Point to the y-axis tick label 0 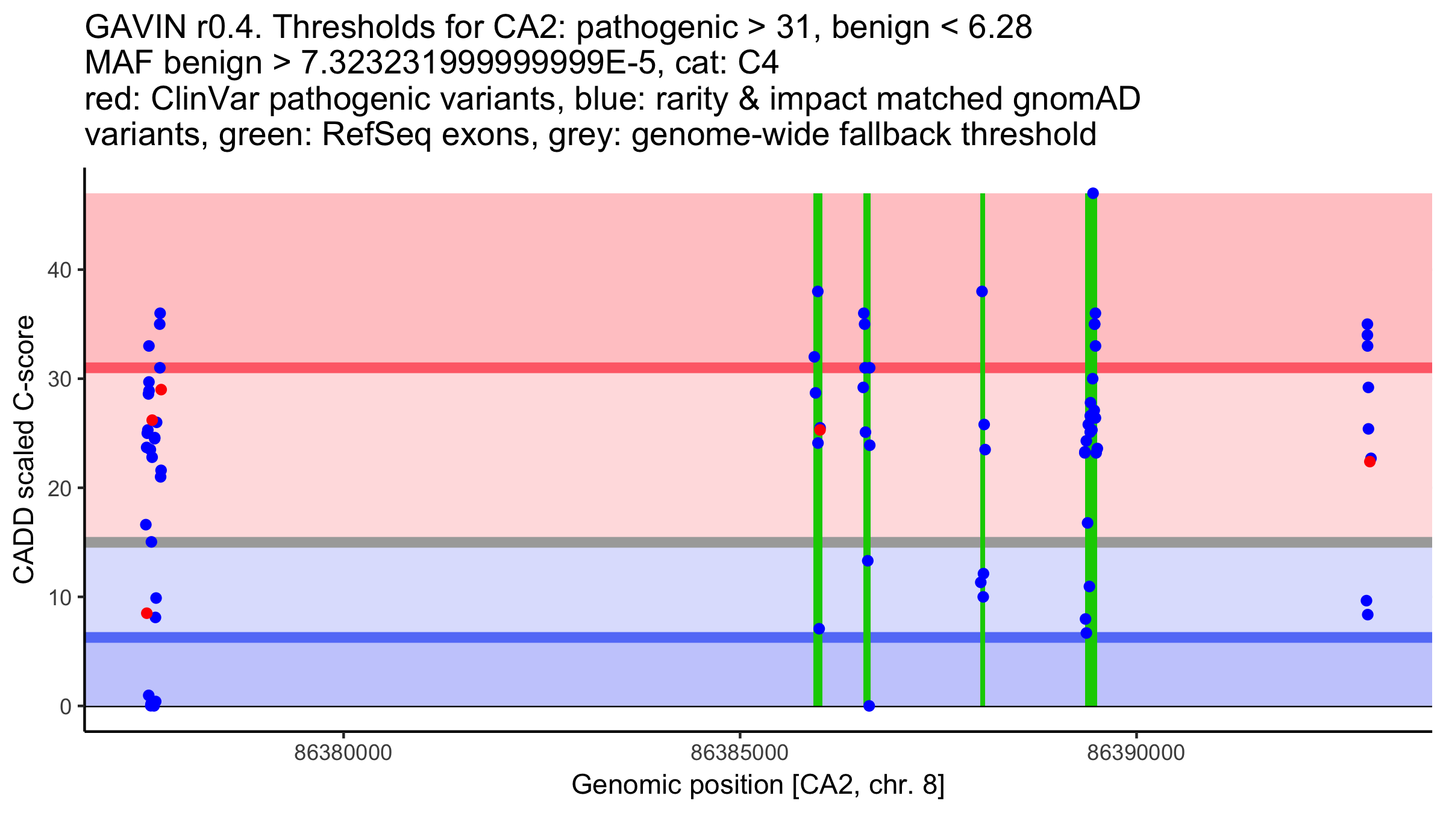tap(65, 706)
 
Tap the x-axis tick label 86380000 tap(343, 753)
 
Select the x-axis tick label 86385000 tap(739, 753)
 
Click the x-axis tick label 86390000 tap(1136, 753)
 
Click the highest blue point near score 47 tap(1093, 193)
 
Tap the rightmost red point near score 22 tap(1369, 462)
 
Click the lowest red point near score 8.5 tap(146, 613)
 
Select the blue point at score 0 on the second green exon tap(869, 706)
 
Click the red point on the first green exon tap(819, 430)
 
